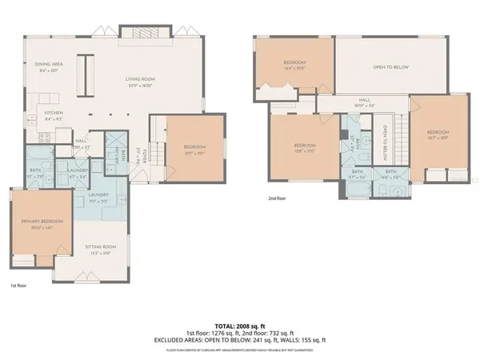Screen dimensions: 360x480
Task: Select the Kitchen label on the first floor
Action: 54,112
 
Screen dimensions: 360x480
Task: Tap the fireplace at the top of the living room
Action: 145,33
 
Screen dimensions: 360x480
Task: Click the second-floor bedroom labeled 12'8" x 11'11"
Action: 304,146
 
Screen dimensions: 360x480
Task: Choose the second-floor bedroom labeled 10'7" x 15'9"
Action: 438,133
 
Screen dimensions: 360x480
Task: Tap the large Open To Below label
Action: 390,67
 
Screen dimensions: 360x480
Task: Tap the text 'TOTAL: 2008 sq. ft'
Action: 239,326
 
